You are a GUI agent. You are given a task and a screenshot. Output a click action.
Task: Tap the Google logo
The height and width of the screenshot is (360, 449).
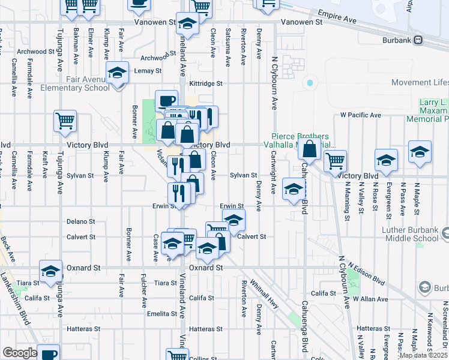point(20,353)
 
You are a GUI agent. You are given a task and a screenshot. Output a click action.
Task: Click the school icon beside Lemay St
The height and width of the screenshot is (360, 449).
point(116,73)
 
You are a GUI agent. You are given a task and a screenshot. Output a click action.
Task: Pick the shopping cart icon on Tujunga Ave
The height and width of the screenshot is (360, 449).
point(65,121)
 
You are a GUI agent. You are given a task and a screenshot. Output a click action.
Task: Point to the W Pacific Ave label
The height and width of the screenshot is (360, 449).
point(360,115)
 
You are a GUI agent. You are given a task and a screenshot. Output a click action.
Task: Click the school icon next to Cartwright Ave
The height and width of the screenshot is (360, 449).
point(292,190)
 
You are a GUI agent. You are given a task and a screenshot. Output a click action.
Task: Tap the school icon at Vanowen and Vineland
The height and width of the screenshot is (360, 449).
point(188,24)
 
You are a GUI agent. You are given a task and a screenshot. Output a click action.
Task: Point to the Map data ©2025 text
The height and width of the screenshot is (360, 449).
point(423,355)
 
